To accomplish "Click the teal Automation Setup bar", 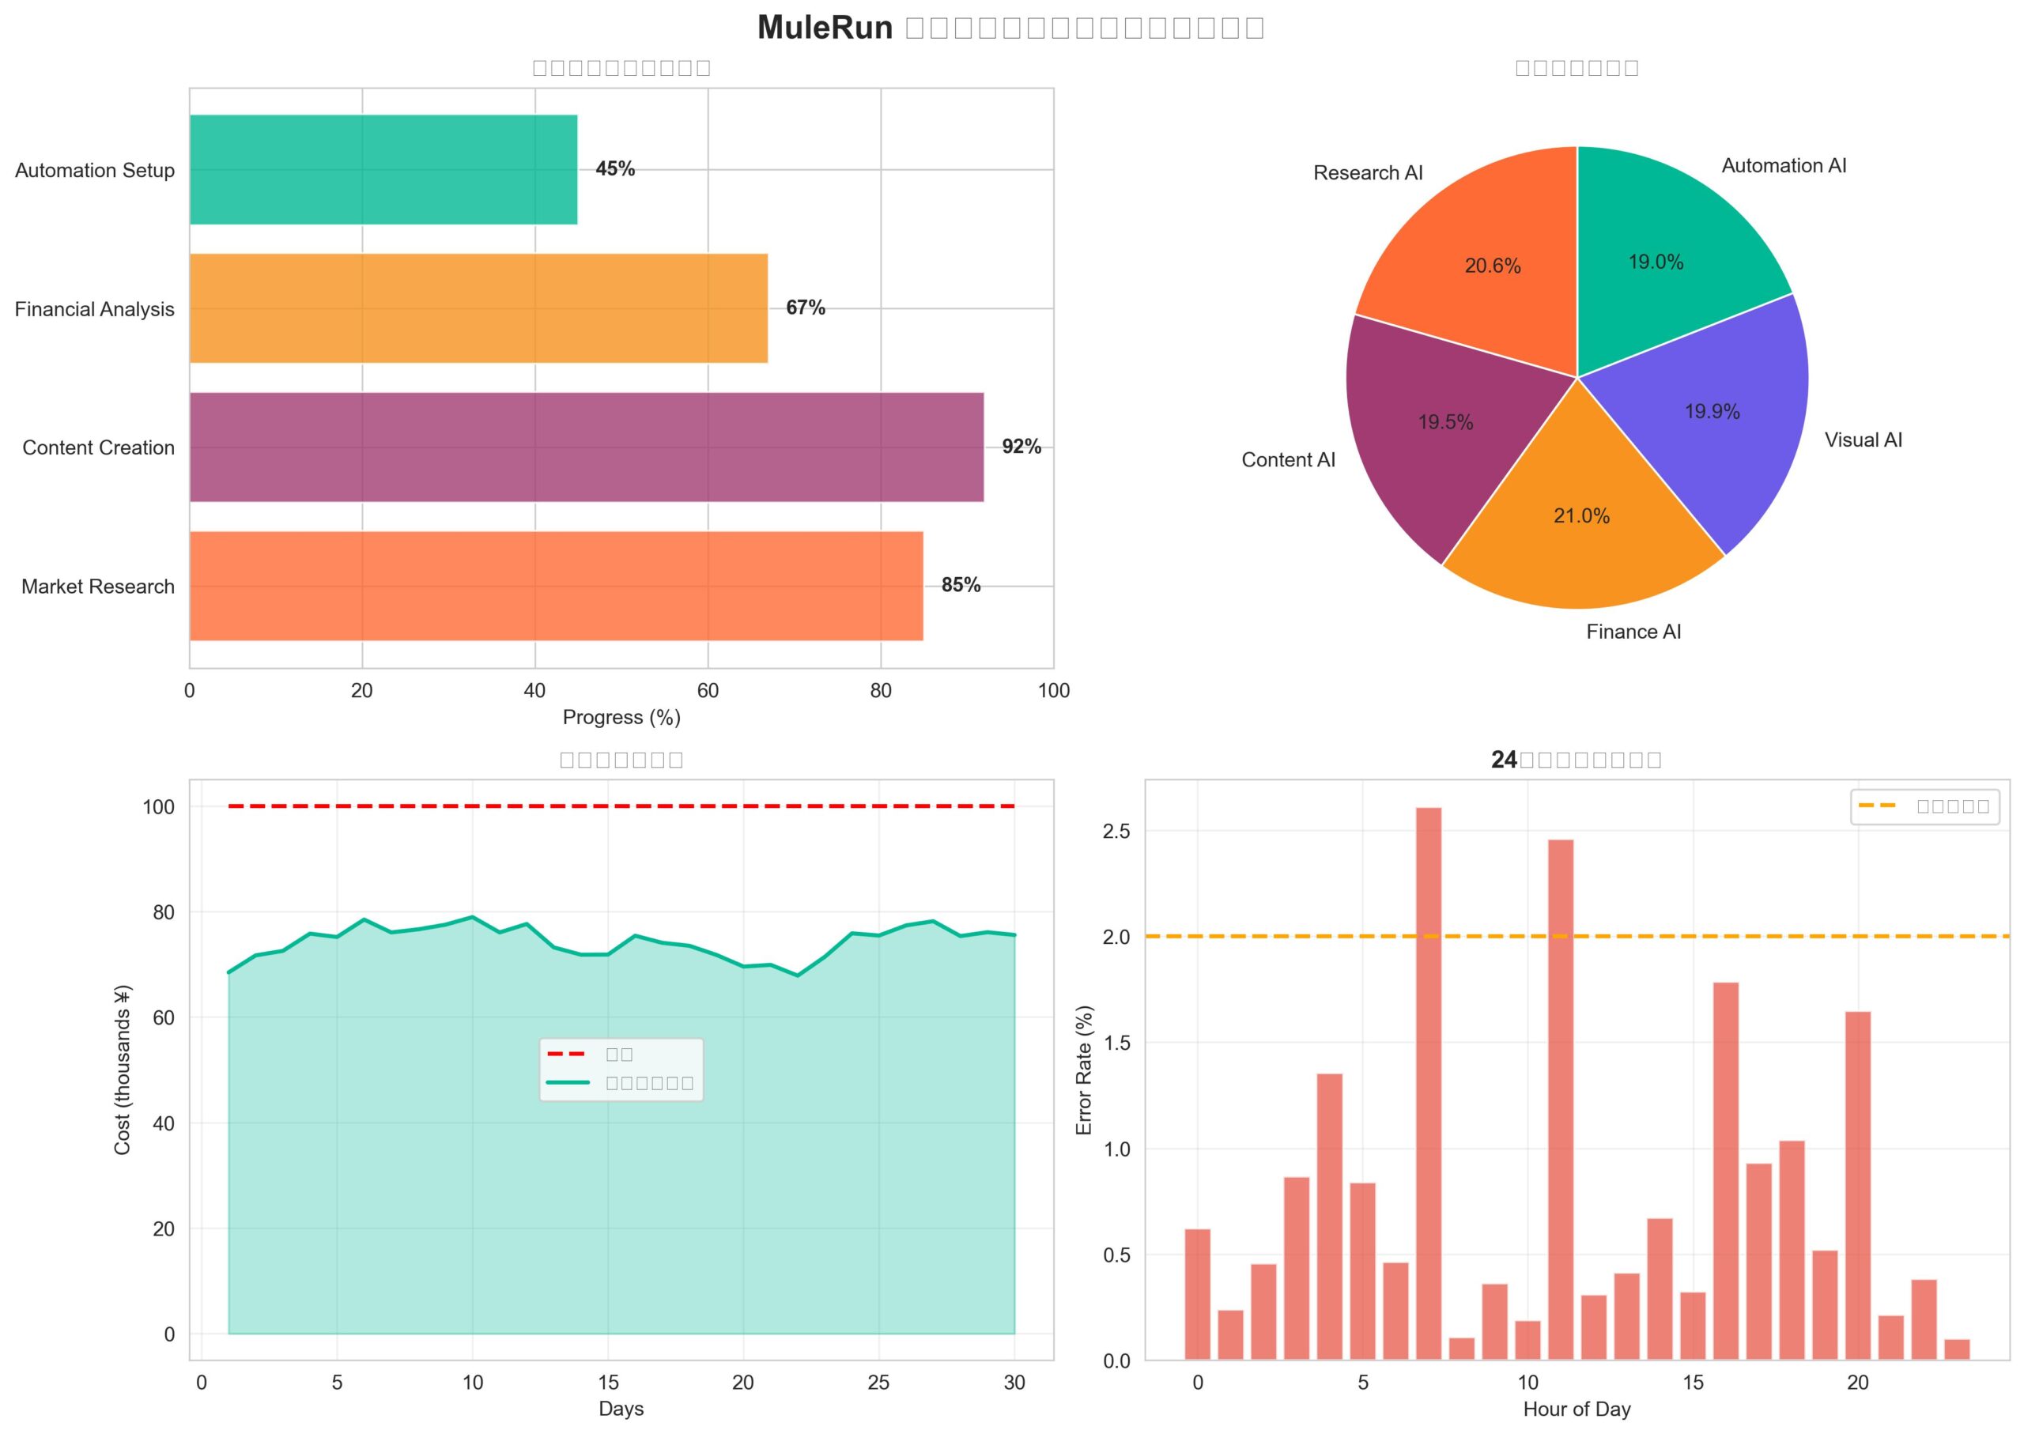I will click(x=383, y=169).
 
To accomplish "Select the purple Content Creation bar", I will click(x=586, y=447).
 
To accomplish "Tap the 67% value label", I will click(x=806, y=308).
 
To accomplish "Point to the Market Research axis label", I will click(x=98, y=587).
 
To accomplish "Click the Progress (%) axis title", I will click(x=621, y=717).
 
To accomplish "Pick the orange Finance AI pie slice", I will click(x=1580, y=538).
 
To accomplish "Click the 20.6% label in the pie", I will click(x=1493, y=266).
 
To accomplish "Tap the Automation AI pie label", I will click(x=1784, y=166).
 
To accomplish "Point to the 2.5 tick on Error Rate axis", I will click(x=1118, y=832).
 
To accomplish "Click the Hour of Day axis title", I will click(x=1577, y=1409).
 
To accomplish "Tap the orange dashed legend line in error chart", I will click(x=1878, y=806).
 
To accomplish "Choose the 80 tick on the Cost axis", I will click(x=164, y=912).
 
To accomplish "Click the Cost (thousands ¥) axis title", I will click(x=123, y=1070).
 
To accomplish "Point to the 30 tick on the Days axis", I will click(x=1014, y=1383).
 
